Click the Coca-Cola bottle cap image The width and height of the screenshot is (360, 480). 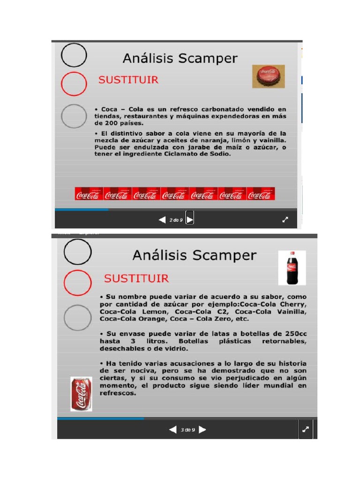[269, 76]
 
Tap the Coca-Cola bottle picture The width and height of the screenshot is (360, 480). [292, 268]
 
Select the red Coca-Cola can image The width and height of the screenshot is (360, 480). [81, 394]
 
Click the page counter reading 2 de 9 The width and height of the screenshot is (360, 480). [176, 219]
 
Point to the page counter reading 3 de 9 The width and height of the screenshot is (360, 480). [187, 429]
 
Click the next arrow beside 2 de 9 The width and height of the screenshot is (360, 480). [190, 219]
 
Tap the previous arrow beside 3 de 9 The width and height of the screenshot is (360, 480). [173, 429]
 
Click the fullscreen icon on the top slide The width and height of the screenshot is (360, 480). [285, 219]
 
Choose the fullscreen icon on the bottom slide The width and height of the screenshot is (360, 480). [306, 429]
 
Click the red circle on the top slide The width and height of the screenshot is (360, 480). [74, 84]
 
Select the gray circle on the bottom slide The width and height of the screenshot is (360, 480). [78, 317]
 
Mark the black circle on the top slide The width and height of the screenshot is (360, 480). [74, 55]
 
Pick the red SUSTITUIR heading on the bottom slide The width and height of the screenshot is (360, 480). [136, 278]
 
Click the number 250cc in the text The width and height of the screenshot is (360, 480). [294, 334]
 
